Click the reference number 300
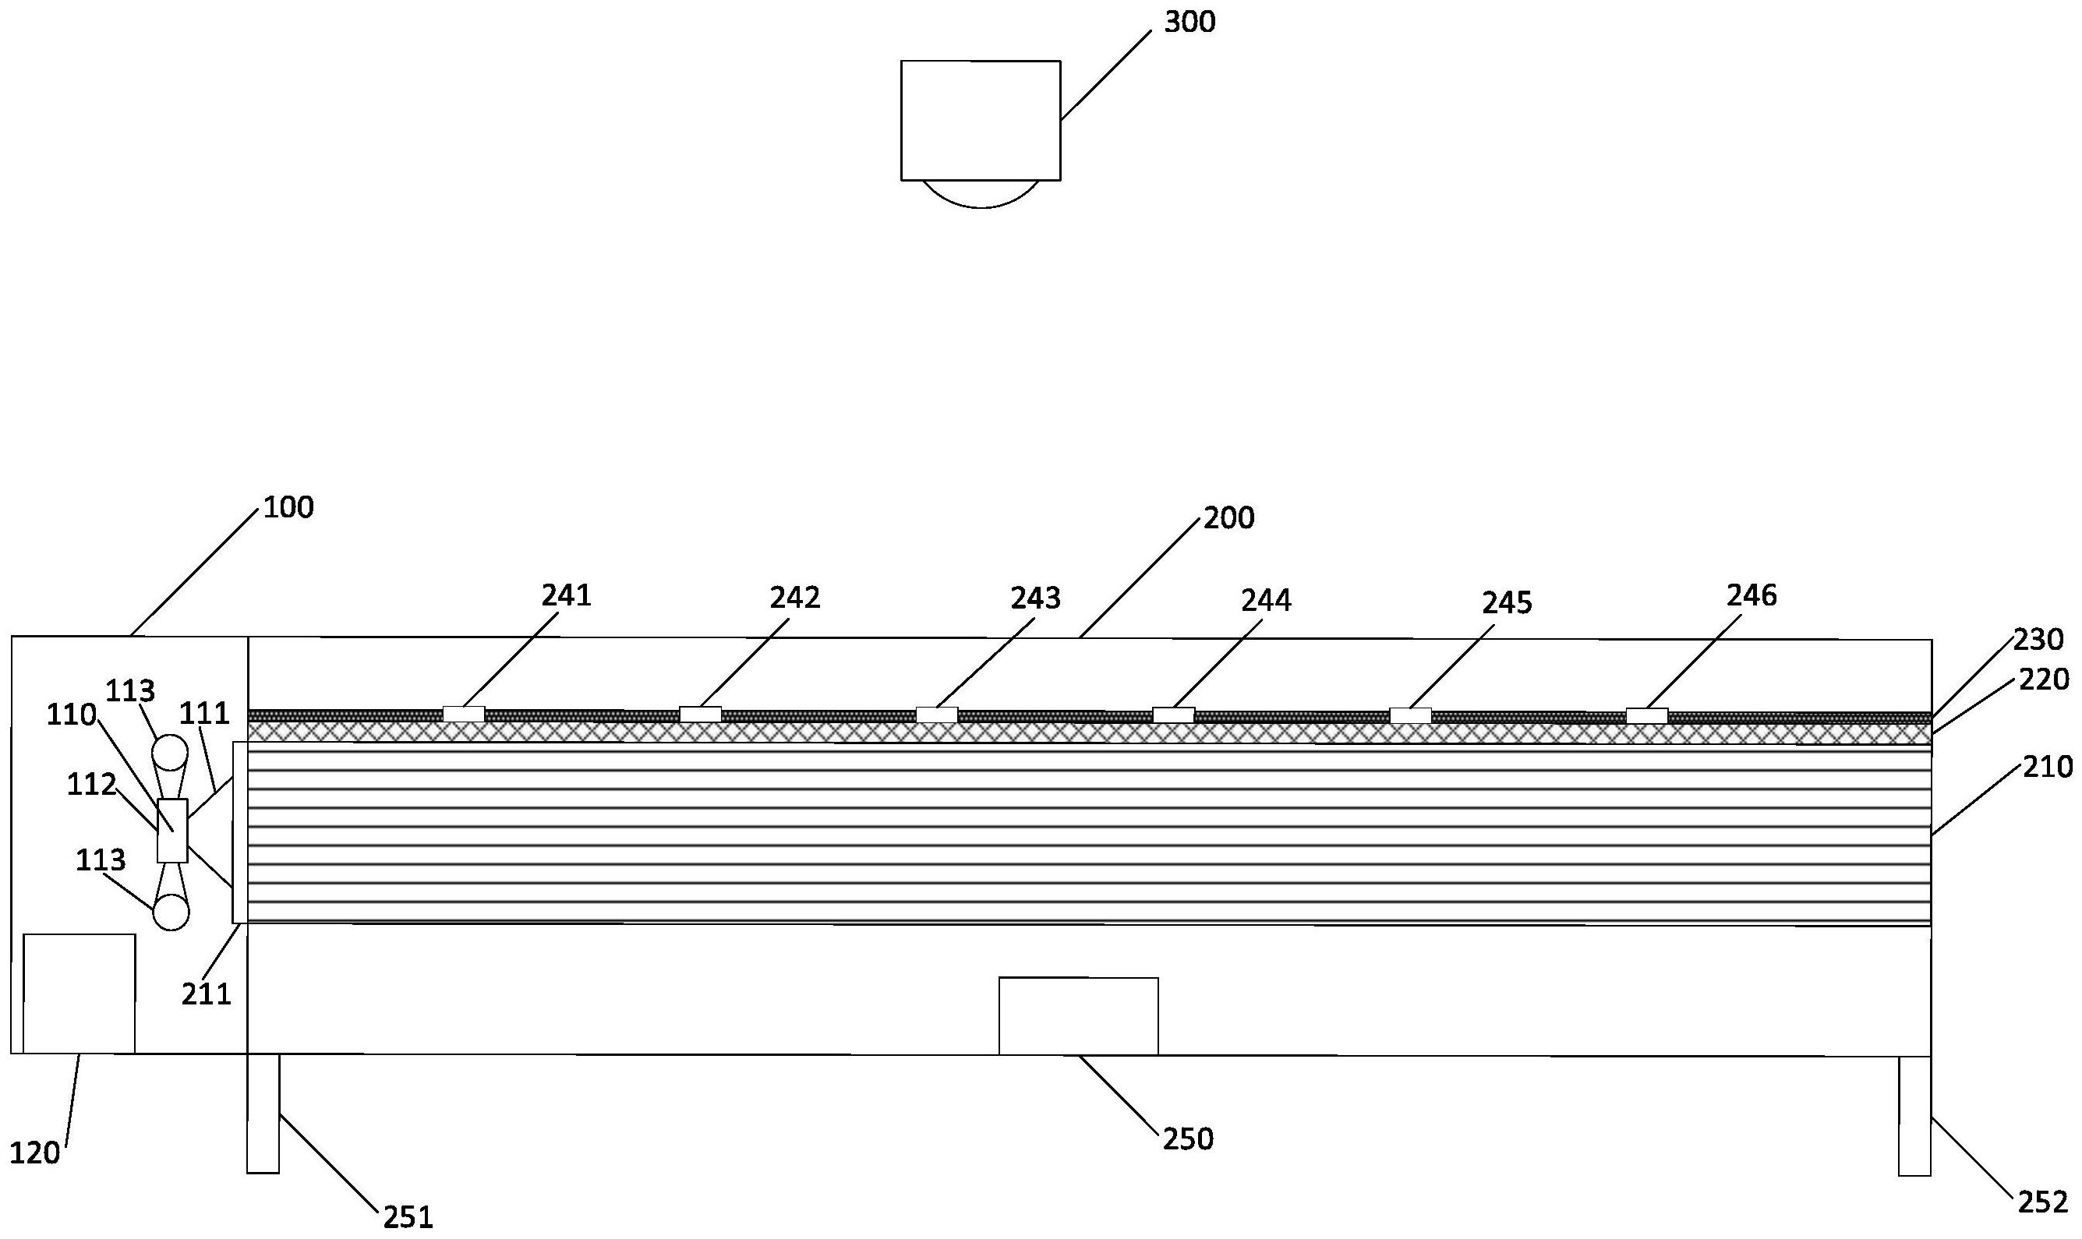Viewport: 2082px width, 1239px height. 1190,23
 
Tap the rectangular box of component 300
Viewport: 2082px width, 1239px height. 981,120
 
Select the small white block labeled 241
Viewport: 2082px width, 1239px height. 464,714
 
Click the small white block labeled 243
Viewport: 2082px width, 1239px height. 937,715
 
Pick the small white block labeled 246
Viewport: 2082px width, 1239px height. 1647,715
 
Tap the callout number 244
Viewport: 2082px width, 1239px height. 1266,600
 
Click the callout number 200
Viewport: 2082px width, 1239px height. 1228,518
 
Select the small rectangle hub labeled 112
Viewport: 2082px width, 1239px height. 172,831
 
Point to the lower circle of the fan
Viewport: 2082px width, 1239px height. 171,912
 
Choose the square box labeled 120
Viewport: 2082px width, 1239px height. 80,994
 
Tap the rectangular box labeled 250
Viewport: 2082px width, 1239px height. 1079,1016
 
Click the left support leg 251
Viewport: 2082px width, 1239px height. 263,1114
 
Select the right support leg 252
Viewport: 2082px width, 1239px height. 1915,1116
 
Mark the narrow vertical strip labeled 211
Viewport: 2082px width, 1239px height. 239,832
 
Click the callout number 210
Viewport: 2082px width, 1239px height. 2048,768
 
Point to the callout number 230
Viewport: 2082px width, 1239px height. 2038,641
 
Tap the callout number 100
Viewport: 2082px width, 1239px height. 289,507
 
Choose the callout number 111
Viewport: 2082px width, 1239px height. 204,713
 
